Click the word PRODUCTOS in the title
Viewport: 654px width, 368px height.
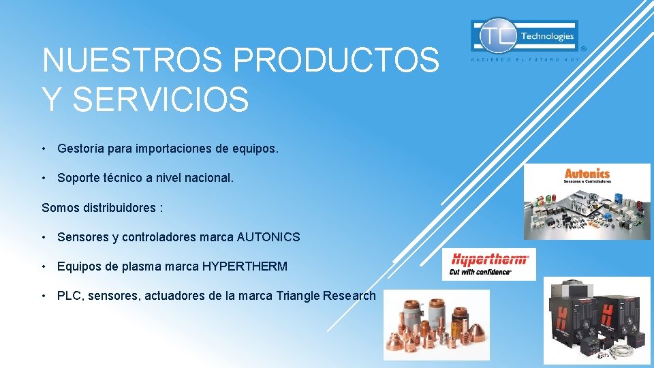337,61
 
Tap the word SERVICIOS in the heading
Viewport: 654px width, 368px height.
161,99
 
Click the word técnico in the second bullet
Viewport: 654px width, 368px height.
123,178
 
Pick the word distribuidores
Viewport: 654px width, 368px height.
117,207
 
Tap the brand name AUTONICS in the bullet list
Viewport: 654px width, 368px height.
268,237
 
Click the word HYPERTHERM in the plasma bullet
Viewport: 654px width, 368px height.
245,266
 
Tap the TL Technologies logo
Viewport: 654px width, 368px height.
524,35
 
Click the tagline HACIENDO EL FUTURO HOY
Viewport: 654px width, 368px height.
525,60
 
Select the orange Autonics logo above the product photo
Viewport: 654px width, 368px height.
587,175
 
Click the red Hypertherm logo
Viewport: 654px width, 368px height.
489,260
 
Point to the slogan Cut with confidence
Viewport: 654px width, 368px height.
480,272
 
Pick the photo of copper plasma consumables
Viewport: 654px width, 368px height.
436,324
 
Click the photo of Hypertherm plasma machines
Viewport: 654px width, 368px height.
597,321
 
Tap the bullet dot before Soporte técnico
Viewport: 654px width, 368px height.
44,178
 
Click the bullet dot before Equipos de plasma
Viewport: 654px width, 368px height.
44,266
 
